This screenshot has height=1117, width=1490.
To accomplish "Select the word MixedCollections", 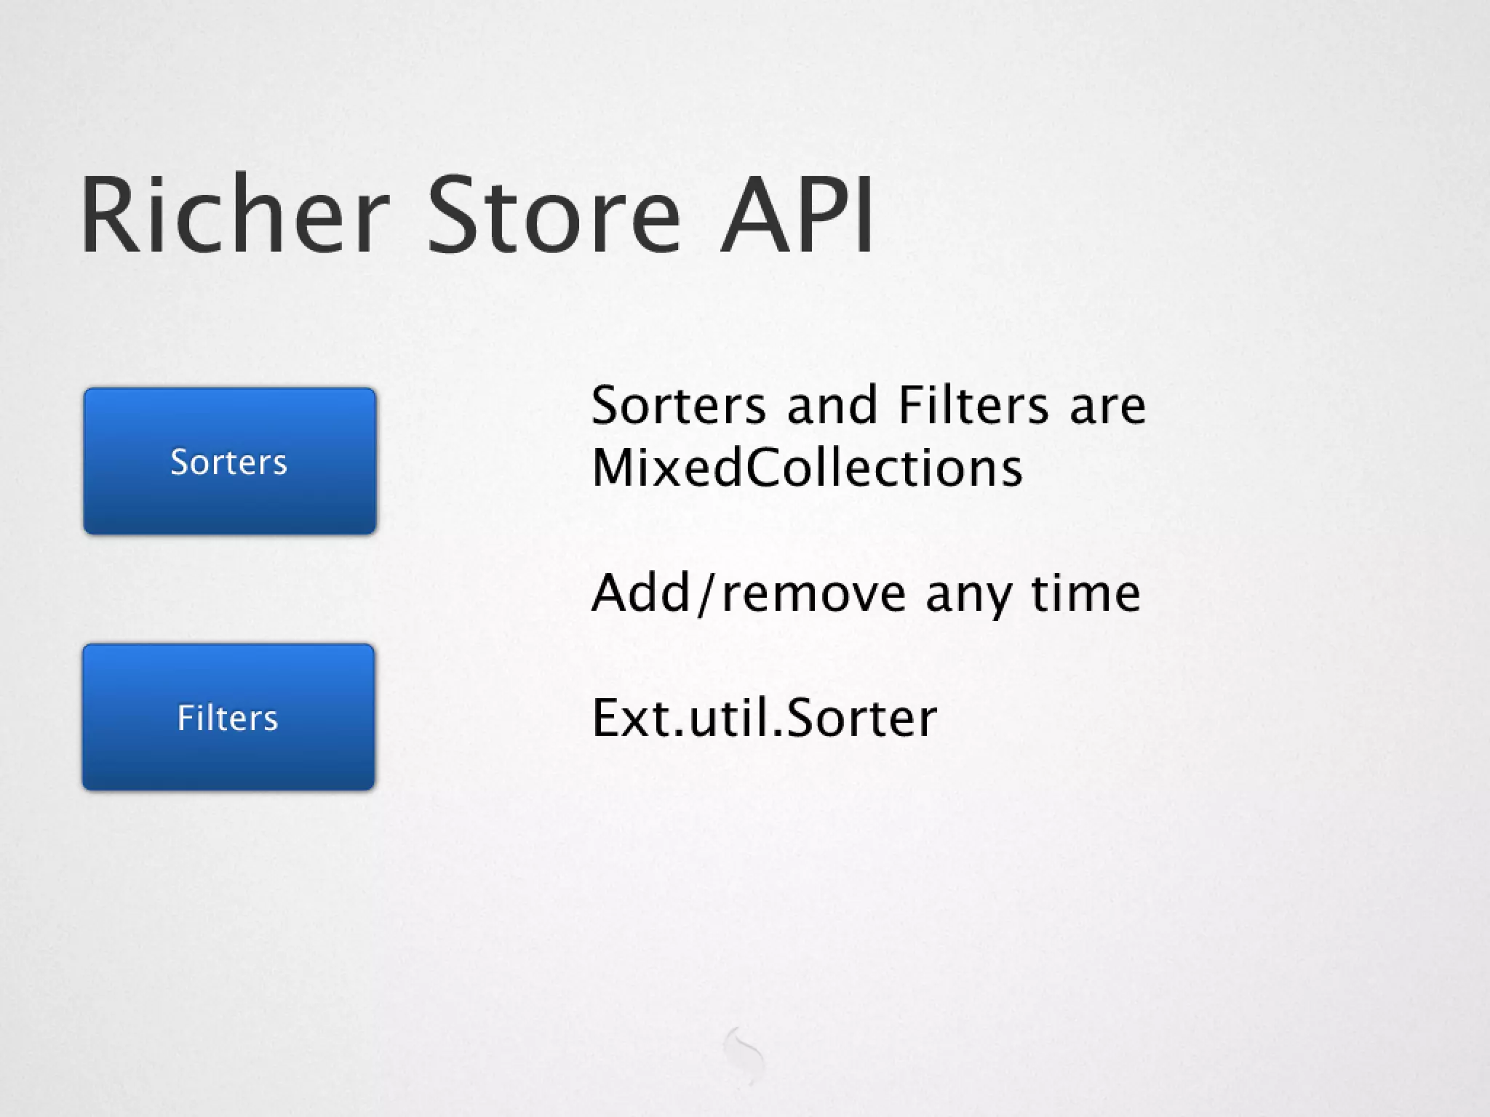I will click(x=807, y=468).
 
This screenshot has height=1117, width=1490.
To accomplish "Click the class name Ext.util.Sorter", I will click(x=764, y=718).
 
